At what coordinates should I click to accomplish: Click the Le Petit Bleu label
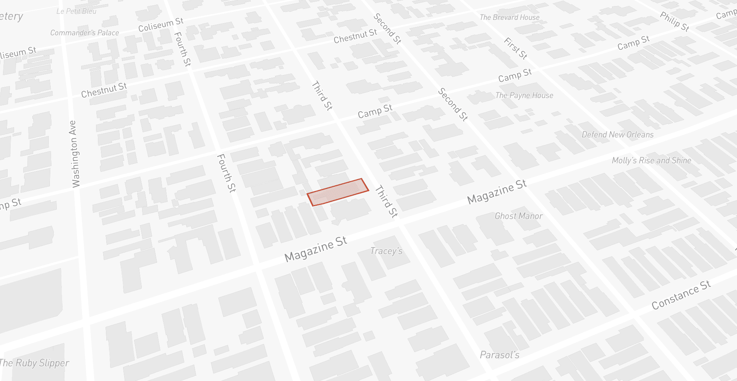(x=76, y=11)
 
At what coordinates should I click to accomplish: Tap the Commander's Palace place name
(x=85, y=33)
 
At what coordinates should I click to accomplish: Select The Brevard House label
(x=509, y=18)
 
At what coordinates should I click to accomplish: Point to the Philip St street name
(x=674, y=22)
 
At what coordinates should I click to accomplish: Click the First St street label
(x=515, y=48)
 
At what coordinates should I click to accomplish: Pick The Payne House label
(x=524, y=96)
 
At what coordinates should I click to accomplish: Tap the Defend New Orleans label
(x=617, y=135)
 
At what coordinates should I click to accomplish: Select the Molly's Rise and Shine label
(x=651, y=161)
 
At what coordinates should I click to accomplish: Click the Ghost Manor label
(x=518, y=216)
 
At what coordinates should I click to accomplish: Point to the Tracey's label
(x=386, y=251)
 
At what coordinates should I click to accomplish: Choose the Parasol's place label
(x=499, y=355)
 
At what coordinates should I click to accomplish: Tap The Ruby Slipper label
(x=34, y=363)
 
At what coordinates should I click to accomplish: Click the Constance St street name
(x=681, y=295)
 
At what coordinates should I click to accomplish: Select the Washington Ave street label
(x=75, y=154)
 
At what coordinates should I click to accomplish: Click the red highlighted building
(x=338, y=192)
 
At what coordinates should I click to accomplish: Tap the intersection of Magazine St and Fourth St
(x=256, y=267)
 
